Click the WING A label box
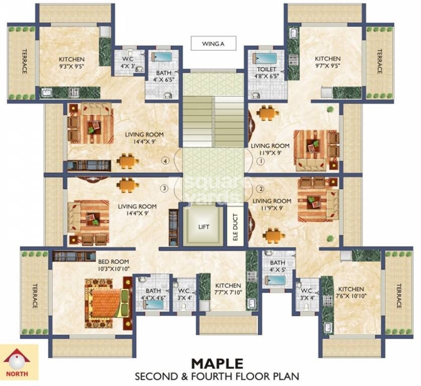pos(214,43)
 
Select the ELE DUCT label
pos(236,227)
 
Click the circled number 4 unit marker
pos(166,161)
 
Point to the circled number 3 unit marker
pos(164,188)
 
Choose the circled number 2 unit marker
pos(260,188)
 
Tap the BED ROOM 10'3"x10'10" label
pos(114,265)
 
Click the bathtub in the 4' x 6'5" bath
pos(162,57)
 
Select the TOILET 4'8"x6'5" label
pos(266,73)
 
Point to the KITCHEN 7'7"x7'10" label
pos(228,289)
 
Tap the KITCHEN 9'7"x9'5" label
pos(327,62)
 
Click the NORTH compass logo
pos(17,362)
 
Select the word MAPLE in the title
pos(218,363)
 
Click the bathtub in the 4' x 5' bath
pos(275,280)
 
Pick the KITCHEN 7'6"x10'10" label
pos(351,292)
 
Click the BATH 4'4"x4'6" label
pos(153,294)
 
